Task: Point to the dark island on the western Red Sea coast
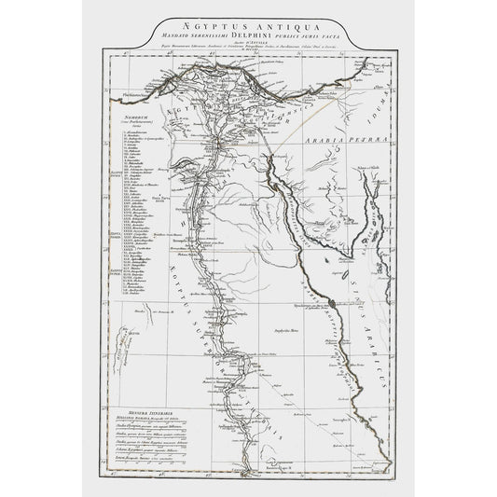point(328,302)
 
